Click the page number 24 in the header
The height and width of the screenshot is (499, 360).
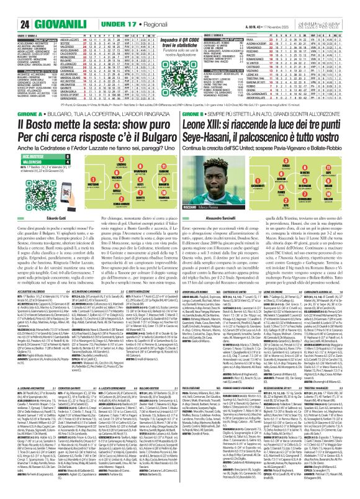point(9,7)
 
